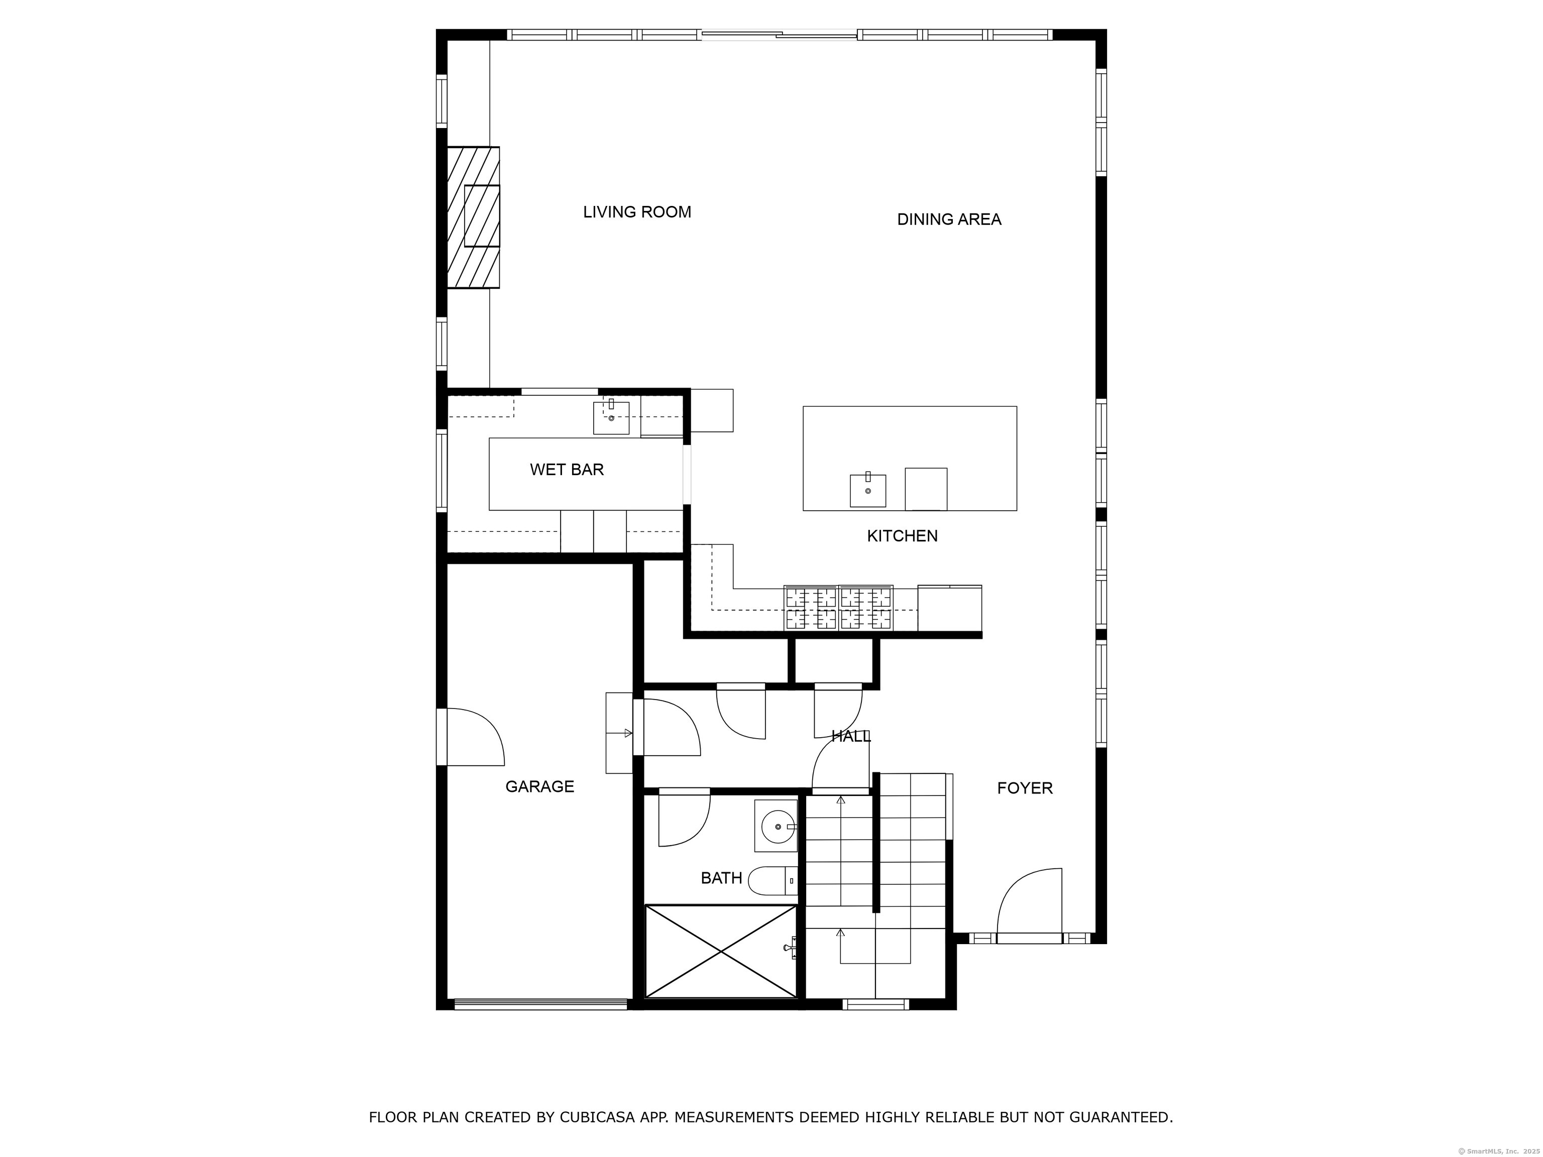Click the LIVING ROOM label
click(x=637, y=212)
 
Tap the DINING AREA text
click(x=949, y=219)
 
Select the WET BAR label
click(x=567, y=470)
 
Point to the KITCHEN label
click(x=902, y=536)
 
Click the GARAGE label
click(x=539, y=787)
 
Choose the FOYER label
click(x=1024, y=788)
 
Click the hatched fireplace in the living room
click(x=474, y=217)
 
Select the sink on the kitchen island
click(x=868, y=490)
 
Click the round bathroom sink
click(x=777, y=827)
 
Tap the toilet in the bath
click(x=771, y=881)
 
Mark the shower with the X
click(x=721, y=951)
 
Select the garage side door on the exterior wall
click(x=474, y=737)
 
